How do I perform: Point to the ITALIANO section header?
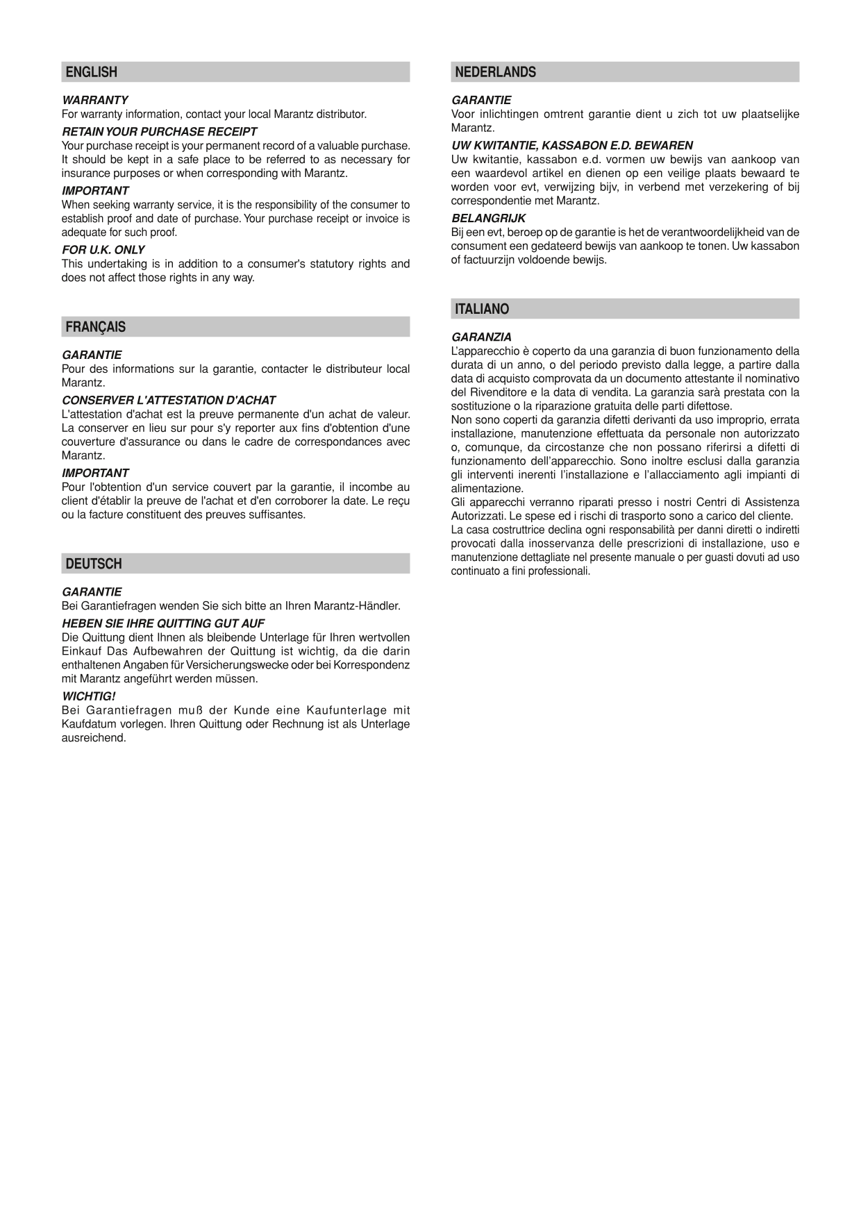[482, 309]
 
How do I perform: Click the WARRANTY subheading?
[95, 100]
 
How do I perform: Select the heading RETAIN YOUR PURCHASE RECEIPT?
[160, 131]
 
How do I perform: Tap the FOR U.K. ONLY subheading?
[103, 249]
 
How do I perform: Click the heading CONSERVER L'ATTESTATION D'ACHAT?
[169, 400]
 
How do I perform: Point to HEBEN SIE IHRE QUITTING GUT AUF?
[163, 623]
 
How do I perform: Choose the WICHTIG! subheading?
[89, 696]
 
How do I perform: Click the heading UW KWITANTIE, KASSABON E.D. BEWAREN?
[572, 145]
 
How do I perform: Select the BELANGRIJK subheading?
[488, 218]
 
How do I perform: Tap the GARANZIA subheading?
[481, 337]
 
